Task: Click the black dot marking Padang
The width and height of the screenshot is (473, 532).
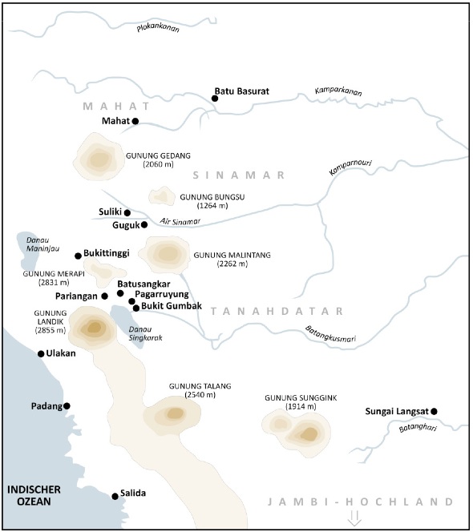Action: [x=67, y=406]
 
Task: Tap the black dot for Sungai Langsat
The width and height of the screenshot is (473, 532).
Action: [x=434, y=412]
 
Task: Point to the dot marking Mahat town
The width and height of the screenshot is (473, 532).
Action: [x=135, y=121]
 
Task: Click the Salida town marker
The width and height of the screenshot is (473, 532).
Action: [x=115, y=496]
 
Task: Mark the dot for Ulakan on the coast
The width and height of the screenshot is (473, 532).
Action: [x=41, y=353]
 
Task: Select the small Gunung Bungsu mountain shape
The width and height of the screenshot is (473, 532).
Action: [x=163, y=196]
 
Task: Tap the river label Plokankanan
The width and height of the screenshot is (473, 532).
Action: [x=157, y=29]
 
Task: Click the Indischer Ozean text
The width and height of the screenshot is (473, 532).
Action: [x=29, y=495]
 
